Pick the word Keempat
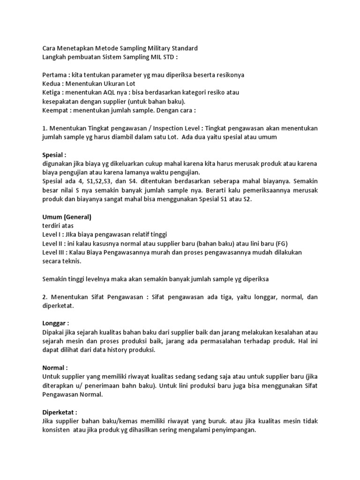pyautogui.click(x=57, y=111)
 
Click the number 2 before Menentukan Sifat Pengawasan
pyautogui.click(x=44, y=297)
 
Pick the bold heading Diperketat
pyautogui.click(x=60, y=412)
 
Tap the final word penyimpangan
pyautogui.click(x=232, y=430)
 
